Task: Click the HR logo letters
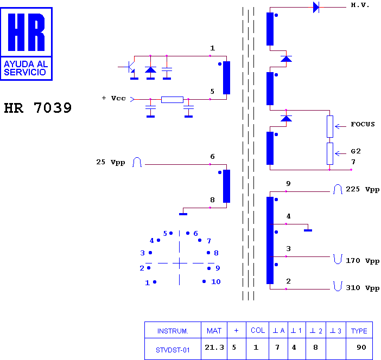(x=26, y=32)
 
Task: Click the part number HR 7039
(x=38, y=108)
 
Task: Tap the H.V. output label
(x=360, y=5)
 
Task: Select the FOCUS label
(x=363, y=124)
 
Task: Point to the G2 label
(x=355, y=151)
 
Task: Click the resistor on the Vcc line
(x=172, y=100)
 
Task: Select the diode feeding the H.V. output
(x=316, y=7)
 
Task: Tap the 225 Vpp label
(x=363, y=189)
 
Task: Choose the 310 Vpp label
(x=363, y=288)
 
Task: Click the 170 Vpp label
(x=363, y=261)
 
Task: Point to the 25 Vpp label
(x=111, y=162)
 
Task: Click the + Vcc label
(x=114, y=98)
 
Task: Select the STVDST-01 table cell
(x=173, y=350)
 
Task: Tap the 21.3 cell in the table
(x=214, y=348)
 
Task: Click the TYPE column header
(x=359, y=331)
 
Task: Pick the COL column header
(x=258, y=330)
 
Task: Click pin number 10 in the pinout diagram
(x=216, y=281)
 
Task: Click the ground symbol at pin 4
(x=308, y=230)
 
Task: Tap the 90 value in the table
(x=361, y=348)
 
